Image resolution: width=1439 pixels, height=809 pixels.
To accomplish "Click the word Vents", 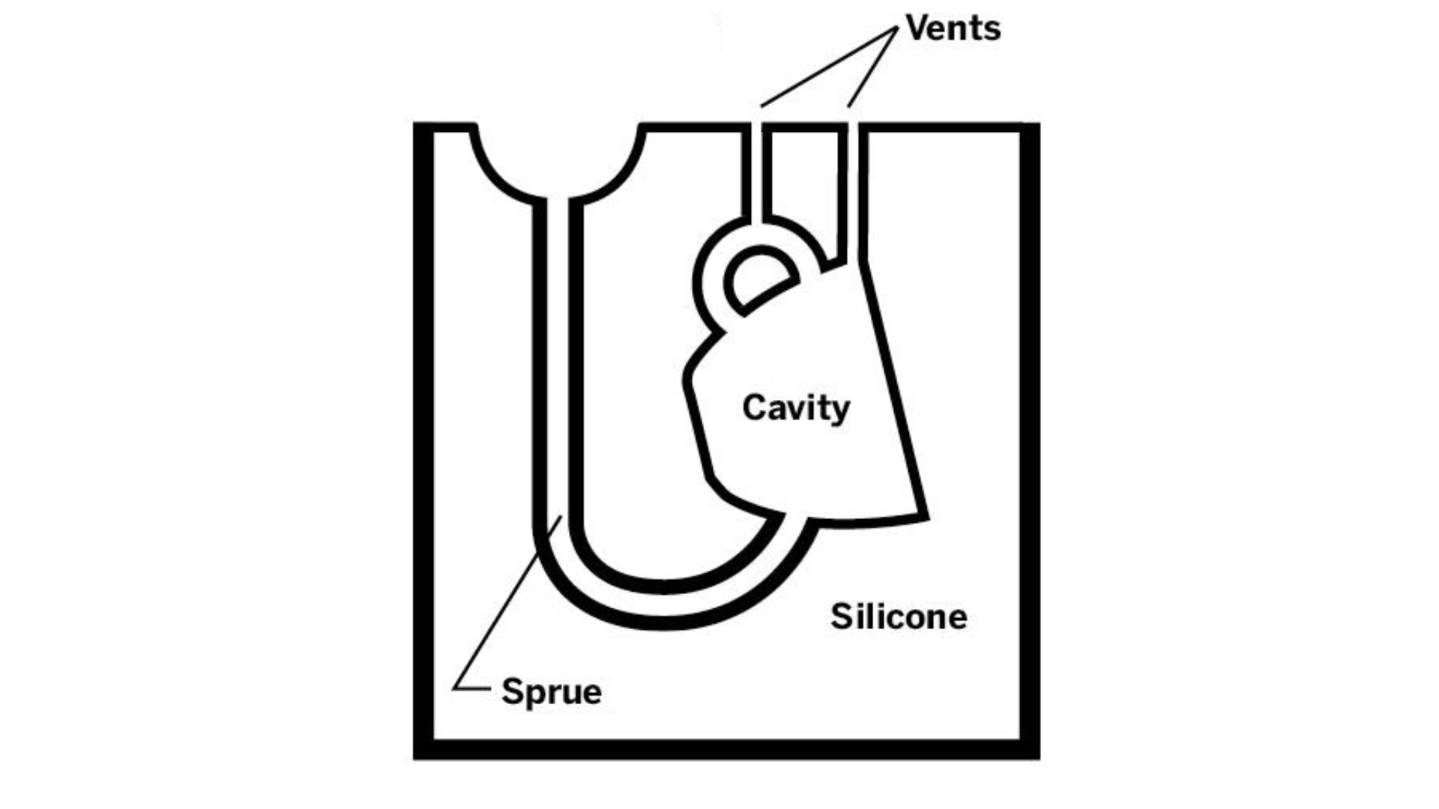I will tap(953, 28).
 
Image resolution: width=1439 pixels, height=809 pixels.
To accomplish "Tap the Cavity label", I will tap(796, 408).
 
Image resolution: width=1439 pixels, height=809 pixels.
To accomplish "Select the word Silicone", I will tap(898, 616).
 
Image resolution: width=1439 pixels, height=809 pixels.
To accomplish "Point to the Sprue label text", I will tap(551, 691).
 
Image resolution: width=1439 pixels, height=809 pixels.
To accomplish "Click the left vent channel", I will tap(757, 172).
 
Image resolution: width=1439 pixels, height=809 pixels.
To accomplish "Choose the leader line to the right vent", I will tap(873, 67).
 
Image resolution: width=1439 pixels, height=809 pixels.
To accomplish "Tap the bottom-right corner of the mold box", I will tap(1030, 751).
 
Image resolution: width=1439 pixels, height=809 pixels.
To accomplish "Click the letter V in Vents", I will tap(917, 28).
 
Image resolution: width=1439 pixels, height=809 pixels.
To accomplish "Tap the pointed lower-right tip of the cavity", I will tap(926, 517).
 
